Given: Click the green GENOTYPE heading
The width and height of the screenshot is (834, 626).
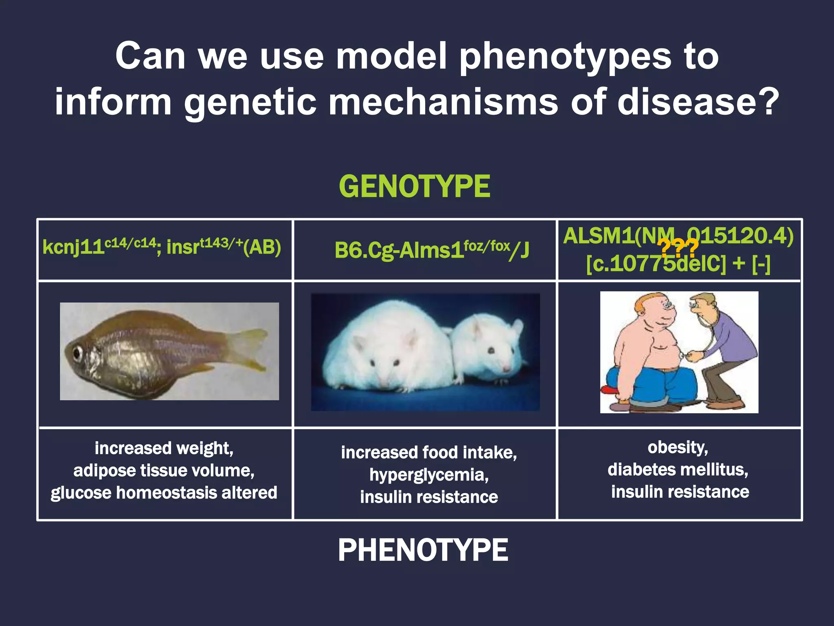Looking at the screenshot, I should (415, 187).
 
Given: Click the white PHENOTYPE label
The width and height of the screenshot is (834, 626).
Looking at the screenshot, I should (423, 550).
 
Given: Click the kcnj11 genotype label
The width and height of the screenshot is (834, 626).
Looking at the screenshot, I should (162, 247).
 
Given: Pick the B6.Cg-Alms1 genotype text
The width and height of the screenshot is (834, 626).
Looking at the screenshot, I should (432, 250).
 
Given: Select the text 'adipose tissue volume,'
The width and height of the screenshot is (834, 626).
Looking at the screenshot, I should (164, 471).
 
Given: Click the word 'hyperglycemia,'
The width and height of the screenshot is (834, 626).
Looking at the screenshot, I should (429, 475).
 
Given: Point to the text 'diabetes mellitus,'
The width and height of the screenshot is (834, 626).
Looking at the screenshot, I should (678, 469).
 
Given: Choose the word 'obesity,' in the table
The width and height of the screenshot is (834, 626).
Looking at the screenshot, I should (678, 447).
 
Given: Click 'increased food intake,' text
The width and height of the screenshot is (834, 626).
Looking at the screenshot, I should (429, 452).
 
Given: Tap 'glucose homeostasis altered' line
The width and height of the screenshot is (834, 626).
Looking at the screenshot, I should (164, 493).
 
